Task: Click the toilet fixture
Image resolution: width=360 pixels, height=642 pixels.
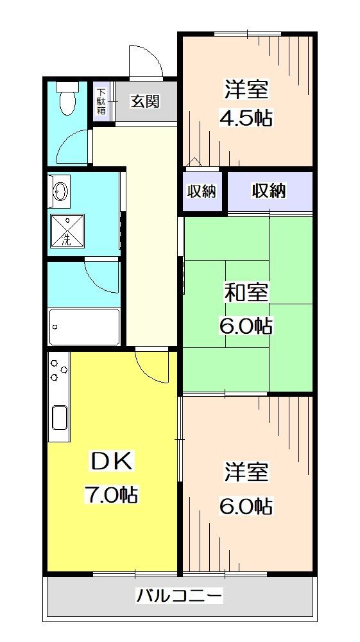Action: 65,100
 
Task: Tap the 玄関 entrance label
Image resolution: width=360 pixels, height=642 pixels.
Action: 144,101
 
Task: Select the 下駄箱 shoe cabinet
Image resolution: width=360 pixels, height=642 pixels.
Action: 101,101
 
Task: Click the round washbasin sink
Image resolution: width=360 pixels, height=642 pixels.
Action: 61,191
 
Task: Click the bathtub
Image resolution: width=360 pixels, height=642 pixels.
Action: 83,327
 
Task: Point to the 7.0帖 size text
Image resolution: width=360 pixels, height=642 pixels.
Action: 110,494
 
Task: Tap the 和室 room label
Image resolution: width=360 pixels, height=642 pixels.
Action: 246,292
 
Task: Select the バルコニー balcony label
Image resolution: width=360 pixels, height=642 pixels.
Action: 180,596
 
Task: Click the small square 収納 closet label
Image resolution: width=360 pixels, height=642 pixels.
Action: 201,191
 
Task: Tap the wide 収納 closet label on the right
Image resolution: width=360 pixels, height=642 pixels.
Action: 268,191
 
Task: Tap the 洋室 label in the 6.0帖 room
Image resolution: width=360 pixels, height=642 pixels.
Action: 246,472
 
